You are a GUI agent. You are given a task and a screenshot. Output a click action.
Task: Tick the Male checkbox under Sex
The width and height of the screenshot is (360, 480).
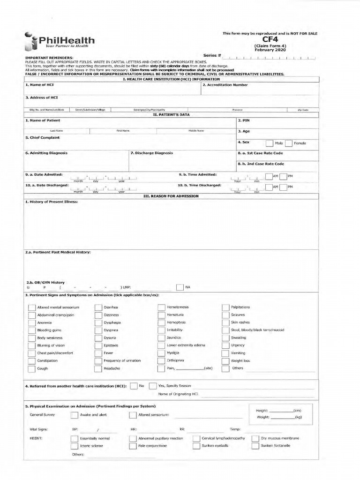pos(269,143)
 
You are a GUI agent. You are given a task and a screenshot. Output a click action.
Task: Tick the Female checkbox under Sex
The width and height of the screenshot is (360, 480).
pos(288,143)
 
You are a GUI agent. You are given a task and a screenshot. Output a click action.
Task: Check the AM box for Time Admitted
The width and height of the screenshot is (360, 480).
pos(269,176)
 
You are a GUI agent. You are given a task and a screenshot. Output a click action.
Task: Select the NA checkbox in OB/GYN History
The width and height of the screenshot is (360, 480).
pos(180,287)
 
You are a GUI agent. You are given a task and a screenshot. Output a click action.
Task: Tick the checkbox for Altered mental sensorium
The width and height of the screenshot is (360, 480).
pos(31,307)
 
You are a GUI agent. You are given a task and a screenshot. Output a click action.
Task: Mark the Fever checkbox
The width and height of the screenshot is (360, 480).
pos(98,353)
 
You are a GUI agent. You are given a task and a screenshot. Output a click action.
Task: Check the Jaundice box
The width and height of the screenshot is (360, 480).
pos(161,338)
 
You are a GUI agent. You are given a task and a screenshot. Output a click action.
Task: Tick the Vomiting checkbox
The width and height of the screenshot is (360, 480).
pos(225,353)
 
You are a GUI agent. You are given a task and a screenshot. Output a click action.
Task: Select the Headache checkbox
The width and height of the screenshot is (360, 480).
pos(98,368)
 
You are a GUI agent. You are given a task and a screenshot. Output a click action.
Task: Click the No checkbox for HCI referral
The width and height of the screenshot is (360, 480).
pos(133,386)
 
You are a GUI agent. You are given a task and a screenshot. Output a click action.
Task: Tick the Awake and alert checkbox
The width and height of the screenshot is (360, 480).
pos(74,415)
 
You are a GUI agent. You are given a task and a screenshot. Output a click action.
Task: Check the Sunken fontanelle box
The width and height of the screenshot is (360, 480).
pos(255,446)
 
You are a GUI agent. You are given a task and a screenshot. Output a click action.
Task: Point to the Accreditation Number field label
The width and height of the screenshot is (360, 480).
pos(225,85)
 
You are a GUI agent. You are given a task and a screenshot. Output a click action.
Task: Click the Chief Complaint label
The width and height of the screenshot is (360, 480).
pos(42,138)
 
